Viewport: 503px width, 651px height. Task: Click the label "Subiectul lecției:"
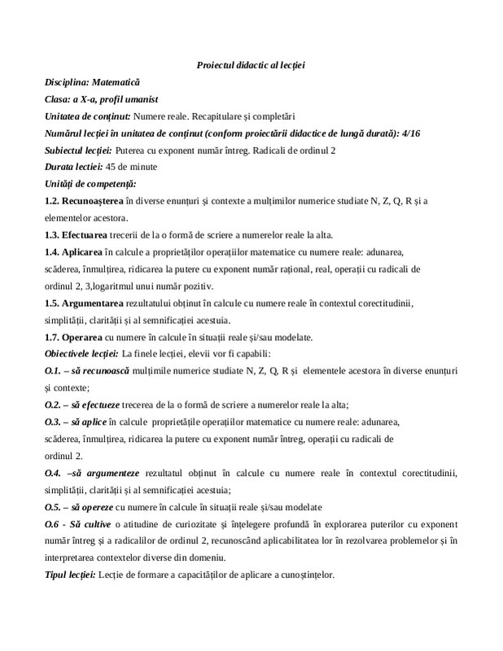pyautogui.click(x=79, y=151)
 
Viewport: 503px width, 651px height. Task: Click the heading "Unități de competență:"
pyautogui.click(x=90, y=183)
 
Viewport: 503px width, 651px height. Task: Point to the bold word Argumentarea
pyautogui.click(x=99, y=303)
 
